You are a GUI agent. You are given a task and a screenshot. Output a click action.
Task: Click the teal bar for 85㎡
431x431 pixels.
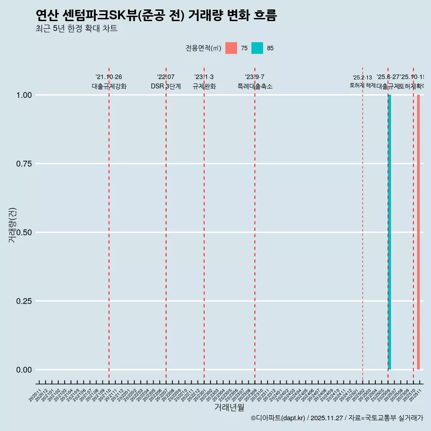390,232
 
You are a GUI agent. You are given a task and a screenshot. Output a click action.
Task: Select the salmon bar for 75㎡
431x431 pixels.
418,232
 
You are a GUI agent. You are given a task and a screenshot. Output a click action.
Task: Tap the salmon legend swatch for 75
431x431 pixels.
231,48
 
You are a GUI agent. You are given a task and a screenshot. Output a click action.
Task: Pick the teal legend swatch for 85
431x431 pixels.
257,48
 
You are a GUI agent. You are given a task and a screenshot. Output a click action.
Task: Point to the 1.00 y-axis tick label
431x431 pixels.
24,95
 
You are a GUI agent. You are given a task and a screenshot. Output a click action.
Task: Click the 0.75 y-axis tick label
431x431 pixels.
24,164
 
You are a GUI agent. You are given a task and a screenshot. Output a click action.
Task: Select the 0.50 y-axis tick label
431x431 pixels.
24,233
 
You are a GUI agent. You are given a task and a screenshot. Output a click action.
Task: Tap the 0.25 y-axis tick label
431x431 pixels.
24,301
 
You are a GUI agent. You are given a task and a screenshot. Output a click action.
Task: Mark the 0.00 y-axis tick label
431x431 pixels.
24,370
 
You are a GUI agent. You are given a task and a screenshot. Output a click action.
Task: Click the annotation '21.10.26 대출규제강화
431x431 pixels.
109,82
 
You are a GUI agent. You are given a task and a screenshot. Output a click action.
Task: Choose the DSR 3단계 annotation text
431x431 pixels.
166,86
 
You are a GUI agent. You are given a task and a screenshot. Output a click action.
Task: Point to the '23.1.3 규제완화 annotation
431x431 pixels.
204,82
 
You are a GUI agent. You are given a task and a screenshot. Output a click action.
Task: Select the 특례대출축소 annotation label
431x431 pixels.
255,86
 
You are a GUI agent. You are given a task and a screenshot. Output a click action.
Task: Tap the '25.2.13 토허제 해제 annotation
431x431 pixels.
362,82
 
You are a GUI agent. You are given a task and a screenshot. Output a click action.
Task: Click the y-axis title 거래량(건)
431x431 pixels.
12,225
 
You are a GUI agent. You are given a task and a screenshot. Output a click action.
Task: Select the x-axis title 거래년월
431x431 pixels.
229,407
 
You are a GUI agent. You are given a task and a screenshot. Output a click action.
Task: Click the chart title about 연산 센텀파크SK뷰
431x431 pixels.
156,15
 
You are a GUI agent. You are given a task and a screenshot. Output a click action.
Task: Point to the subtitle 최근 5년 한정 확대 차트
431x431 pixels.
76,28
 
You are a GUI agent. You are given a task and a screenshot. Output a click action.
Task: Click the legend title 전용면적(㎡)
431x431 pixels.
203,48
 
